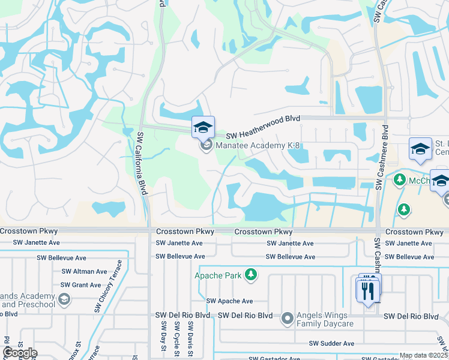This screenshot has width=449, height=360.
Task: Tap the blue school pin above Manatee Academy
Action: tap(203, 127)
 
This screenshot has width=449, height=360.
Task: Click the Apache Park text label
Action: tap(217, 275)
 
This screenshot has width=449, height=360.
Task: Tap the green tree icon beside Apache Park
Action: tap(251, 275)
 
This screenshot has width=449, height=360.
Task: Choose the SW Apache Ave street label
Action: tap(230, 301)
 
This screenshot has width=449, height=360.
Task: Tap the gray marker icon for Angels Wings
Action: tap(288, 317)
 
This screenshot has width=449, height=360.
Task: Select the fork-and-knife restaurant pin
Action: tap(367, 291)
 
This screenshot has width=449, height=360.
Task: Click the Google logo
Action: tap(19, 353)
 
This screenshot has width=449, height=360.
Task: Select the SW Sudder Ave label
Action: tap(331, 343)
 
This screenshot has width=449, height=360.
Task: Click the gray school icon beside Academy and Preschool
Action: tap(64, 298)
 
